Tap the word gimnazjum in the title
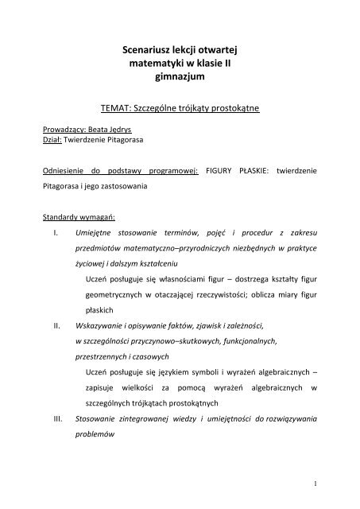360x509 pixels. click(x=180, y=80)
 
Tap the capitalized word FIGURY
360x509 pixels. click(x=221, y=170)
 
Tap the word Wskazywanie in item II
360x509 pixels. click(x=103, y=325)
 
